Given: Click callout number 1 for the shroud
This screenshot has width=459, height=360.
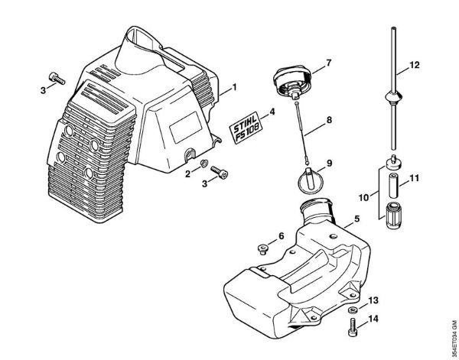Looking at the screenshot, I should click(235, 88).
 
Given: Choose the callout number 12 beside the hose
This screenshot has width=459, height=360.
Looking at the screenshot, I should click(415, 67).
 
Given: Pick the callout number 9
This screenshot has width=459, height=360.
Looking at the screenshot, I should click(329, 163).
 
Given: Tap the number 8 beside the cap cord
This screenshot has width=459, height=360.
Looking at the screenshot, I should click(329, 120).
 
